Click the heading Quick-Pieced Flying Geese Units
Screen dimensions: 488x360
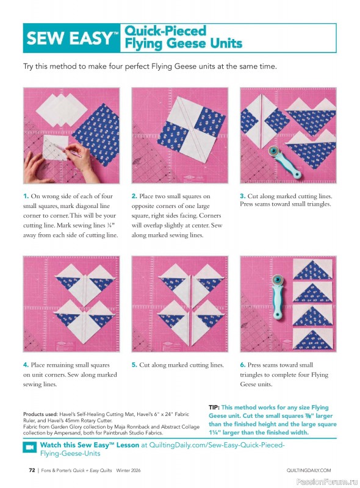tap(183, 37)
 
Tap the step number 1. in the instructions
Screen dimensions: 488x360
tap(26, 196)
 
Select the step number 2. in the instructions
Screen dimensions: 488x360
tap(135, 196)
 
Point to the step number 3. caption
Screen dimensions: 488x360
tap(242, 196)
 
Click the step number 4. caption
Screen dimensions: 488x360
tap(26, 365)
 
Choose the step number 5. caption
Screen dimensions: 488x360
tap(135, 365)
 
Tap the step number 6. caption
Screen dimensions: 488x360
tap(242, 365)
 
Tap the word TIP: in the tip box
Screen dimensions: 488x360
tap(214, 407)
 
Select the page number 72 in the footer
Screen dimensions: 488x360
tap(31, 470)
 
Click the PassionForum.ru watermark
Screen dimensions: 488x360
tap(327, 481)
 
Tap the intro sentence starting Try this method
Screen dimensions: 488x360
tap(149, 66)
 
